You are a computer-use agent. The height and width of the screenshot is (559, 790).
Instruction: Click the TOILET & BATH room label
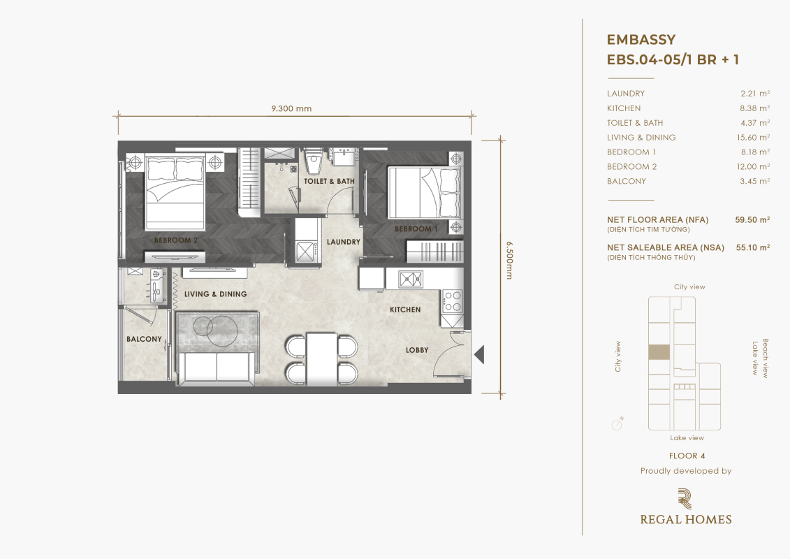[x=329, y=181]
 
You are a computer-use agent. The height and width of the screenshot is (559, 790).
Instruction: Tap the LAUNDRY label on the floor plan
[x=344, y=242]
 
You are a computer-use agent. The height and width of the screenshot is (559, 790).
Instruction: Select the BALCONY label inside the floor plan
[x=144, y=339]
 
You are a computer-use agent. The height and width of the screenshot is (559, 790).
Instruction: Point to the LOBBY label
[x=417, y=350]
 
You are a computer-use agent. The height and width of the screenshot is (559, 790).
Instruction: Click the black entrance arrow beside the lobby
[x=479, y=354]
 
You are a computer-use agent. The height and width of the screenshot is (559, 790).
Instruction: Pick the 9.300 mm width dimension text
[x=291, y=108]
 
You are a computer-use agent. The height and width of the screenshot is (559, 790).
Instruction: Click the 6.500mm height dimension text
[x=509, y=260]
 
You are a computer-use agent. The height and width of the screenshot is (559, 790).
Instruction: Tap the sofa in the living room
[x=216, y=369]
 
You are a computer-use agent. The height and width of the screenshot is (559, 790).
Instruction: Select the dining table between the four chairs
[x=321, y=359]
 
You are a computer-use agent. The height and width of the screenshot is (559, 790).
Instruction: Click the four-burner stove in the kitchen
[x=452, y=301]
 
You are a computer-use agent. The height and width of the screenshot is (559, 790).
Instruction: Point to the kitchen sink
[x=411, y=279]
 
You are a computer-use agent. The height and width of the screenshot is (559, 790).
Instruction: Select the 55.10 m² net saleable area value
[x=753, y=247]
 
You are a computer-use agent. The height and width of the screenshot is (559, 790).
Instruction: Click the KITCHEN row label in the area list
[x=624, y=108]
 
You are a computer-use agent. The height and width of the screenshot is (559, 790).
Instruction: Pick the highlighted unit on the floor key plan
[x=659, y=352]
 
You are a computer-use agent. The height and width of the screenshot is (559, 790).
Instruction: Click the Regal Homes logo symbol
[x=685, y=498]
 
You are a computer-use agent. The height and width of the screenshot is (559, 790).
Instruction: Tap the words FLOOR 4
[x=687, y=456]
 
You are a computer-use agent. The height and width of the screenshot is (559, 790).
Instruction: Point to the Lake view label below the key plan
[x=687, y=438]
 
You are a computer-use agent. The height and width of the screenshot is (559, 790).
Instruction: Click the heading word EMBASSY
[x=641, y=40]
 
